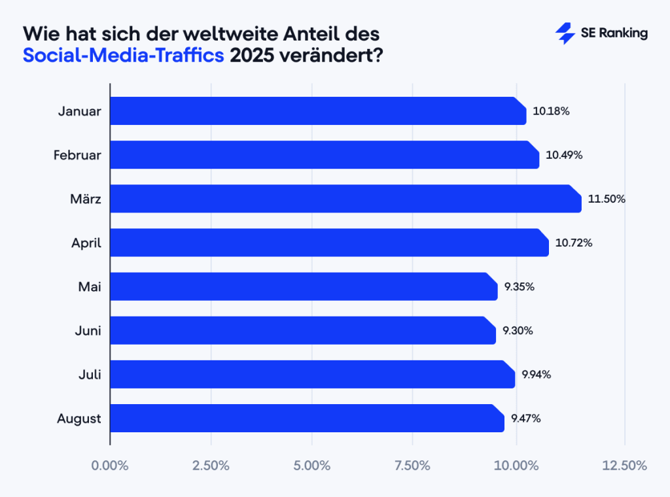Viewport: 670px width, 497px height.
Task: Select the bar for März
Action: [345, 199]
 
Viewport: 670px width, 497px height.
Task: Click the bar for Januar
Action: [318, 111]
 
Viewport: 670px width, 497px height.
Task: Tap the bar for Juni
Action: [302, 330]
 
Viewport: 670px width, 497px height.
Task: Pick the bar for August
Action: [307, 418]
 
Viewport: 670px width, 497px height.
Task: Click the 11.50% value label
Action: [607, 199]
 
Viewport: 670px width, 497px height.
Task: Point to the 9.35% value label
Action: [520, 286]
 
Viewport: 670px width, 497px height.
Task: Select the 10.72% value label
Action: [574, 243]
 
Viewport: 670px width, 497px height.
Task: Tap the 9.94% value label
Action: [536, 375]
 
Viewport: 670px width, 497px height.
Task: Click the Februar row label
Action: [77, 155]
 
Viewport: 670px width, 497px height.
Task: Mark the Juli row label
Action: [88, 375]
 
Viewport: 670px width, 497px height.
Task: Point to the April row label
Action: [86, 243]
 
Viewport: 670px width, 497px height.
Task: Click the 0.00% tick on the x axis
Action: [110, 466]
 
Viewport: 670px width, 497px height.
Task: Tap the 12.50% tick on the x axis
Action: [624, 466]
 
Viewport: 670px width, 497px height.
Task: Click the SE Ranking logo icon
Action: [565, 34]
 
